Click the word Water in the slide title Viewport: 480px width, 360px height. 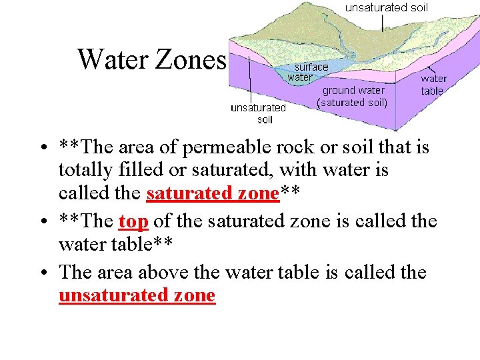114,59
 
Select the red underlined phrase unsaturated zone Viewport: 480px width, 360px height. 137,295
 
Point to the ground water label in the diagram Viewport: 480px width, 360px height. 353,90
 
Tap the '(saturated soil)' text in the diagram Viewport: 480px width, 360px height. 353,103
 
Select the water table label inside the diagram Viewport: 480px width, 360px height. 433,84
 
